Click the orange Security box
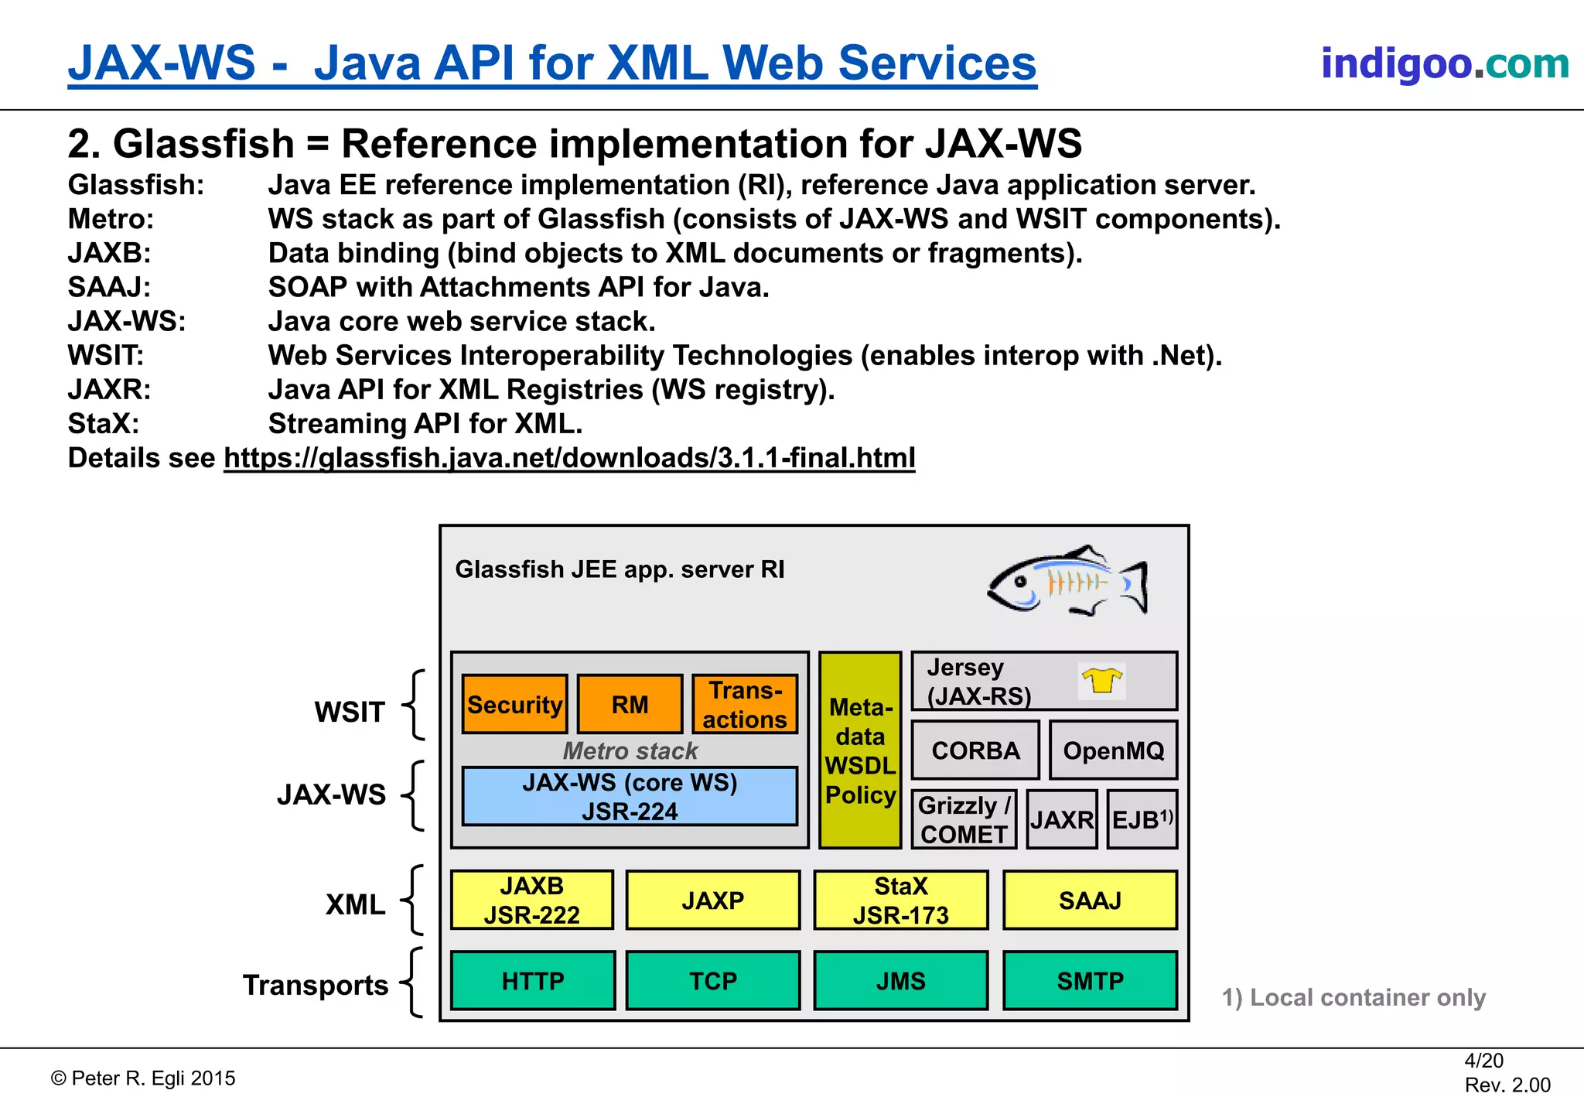click(x=514, y=704)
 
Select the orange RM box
click(x=630, y=704)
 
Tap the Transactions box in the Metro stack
click(x=744, y=704)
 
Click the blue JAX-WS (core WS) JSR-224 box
click(x=630, y=796)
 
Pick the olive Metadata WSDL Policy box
click(x=860, y=750)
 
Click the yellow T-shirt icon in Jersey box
click(x=1101, y=680)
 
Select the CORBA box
click(x=975, y=750)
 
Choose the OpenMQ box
click(x=1113, y=750)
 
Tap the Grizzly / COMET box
click(x=964, y=819)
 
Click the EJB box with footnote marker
click(x=1142, y=819)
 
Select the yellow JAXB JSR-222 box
click(x=532, y=900)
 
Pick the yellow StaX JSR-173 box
click(x=900, y=900)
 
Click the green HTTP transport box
click(x=533, y=980)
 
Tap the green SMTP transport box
click(x=1090, y=980)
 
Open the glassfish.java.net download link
click(x=569, y=458)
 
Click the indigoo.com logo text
click(x=1444, y=63)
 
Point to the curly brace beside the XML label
click(x=414, y=900)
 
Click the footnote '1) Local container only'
click(x=1354, y=997)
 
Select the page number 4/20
click(x=1483, y=1061)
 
